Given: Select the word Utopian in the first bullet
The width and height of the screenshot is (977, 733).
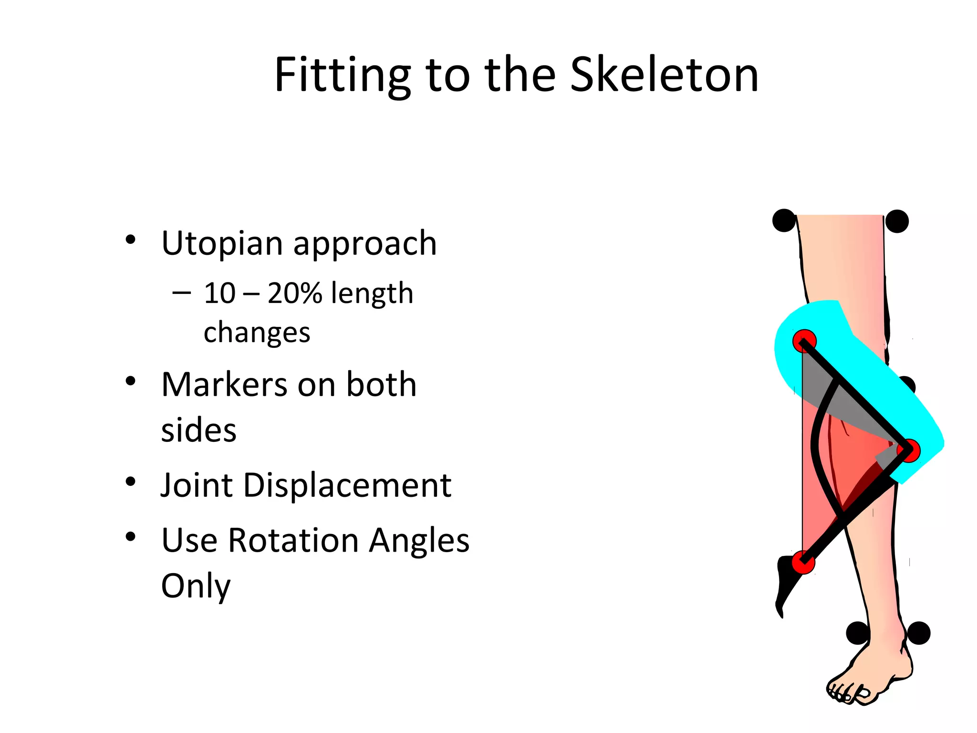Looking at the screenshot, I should coord(222,243).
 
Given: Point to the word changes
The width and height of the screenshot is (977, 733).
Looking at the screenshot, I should coord(257,333).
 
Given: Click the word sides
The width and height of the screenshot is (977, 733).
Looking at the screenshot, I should coord(198,430).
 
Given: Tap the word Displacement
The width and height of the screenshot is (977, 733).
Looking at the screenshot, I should coord(347,485).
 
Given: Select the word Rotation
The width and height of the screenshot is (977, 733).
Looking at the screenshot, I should coord(293,540).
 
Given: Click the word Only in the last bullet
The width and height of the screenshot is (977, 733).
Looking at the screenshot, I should coord(196,586).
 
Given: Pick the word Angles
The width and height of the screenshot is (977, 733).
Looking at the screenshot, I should coord(419,540).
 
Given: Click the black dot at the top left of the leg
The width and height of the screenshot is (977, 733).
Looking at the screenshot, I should coord(784,220).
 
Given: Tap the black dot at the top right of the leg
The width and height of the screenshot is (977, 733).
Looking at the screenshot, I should coord(897,221).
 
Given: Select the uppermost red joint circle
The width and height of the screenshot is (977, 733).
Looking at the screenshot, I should coord(804,341).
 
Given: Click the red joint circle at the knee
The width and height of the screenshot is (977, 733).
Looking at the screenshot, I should coord(908,450).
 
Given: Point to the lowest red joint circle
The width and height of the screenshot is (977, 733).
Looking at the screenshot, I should coord(803,562).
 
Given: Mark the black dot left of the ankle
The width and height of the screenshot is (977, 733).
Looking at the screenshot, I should coord(857,633).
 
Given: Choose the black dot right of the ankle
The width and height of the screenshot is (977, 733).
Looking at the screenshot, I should coord(918,633).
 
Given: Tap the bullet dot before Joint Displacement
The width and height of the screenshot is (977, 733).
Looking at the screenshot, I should coord(130,482).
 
